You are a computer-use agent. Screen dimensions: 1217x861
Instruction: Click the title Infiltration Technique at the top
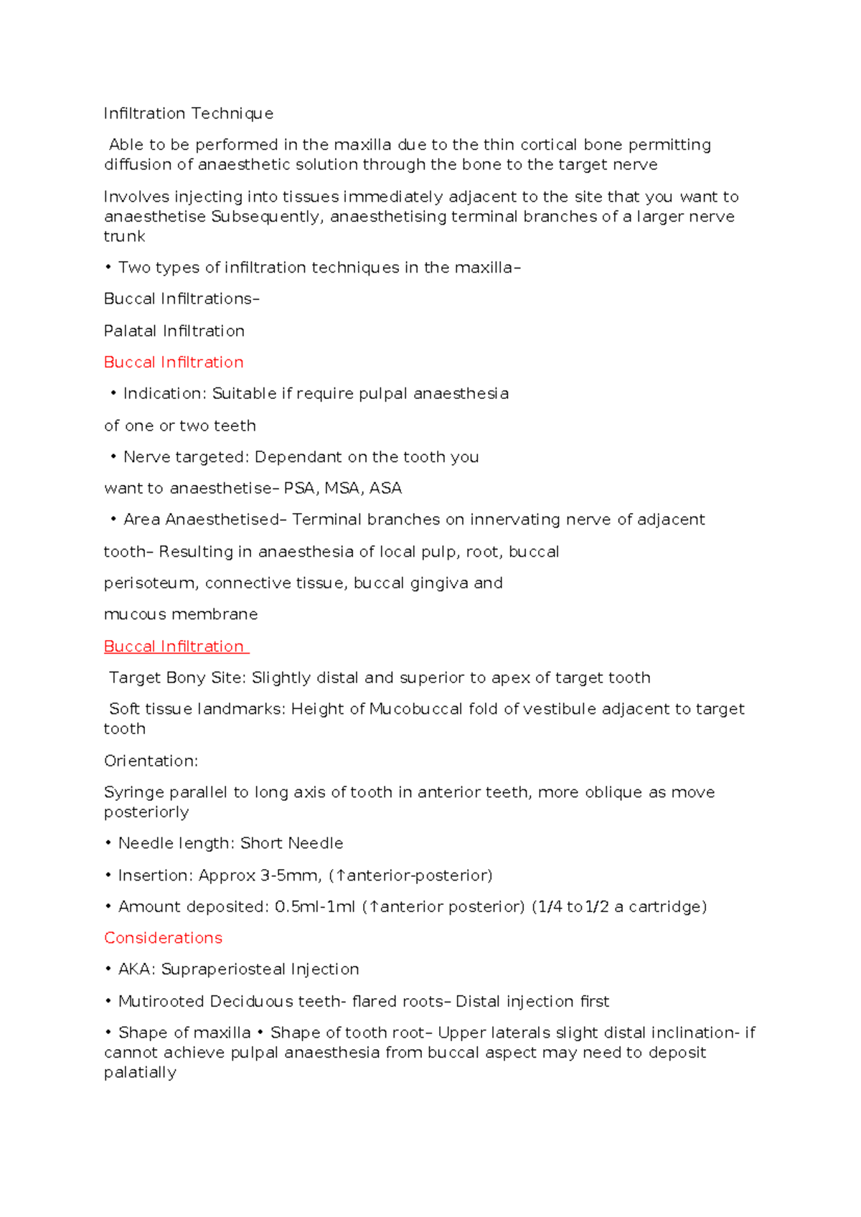[x=188, y=113]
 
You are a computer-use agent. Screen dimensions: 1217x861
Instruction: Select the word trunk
[x=124, y=236]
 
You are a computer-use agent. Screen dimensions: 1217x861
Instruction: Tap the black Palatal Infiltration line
[x=174, y=331]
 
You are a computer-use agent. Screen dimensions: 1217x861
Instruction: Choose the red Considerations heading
[x=163, y=938]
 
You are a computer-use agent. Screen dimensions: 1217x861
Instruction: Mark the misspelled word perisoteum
[x=150, y=583]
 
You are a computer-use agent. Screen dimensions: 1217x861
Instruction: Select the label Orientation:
[x=151, y=761]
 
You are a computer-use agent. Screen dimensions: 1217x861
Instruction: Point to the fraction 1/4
[x=550, y=907]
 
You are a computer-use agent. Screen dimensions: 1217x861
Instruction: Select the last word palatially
[x=140, y=1073]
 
